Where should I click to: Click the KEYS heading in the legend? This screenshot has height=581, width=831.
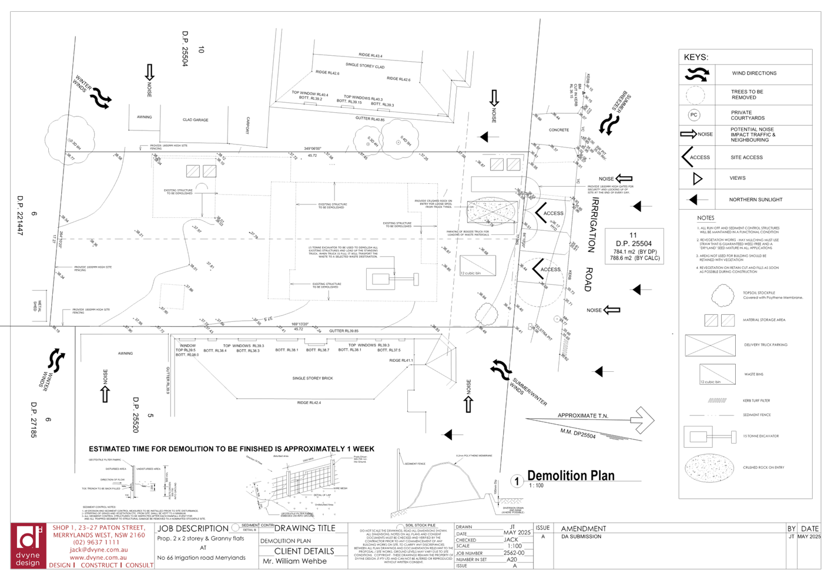point(695,57)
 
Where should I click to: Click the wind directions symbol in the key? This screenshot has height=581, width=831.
point(696,74)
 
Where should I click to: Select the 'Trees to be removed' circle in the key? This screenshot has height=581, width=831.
point(695,95)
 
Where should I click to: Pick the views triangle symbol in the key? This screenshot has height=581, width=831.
point(698,179)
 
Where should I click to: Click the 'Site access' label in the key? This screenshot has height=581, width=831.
point(747,157)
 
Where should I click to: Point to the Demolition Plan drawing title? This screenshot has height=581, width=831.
point(571,475)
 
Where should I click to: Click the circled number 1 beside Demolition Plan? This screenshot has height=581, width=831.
point(517,481)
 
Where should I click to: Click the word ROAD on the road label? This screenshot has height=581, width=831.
point(588,280)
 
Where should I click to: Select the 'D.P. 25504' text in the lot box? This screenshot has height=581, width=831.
point(634,243)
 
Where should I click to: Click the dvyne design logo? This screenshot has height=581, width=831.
point(28,546)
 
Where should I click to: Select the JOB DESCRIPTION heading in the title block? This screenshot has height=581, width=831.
point(193,528)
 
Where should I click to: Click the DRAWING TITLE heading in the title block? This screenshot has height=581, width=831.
point(304,528)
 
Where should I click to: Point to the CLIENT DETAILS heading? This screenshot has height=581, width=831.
point(304,551)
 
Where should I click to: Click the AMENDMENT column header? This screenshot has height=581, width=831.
point(583,529)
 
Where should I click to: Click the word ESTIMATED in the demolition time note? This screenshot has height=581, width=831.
point(109,449)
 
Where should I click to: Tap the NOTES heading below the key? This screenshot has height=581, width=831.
point(705,218)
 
